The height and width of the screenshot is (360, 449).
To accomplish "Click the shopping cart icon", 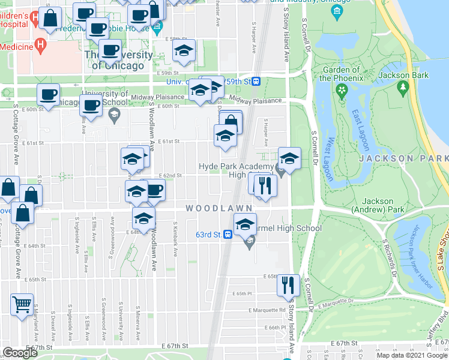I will coord(22,304).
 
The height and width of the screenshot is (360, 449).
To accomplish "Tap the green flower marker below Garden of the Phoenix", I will coord(342,91).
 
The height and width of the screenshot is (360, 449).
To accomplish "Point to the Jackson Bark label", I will coord(403,75).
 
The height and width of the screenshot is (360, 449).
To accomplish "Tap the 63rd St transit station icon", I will coord(228,235).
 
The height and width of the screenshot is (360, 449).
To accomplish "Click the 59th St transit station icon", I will coord(256,81).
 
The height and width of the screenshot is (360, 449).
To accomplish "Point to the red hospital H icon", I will coord(40,44).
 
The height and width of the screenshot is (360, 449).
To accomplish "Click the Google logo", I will coord(20,353).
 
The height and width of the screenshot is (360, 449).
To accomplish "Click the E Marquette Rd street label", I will coord(267,310).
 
